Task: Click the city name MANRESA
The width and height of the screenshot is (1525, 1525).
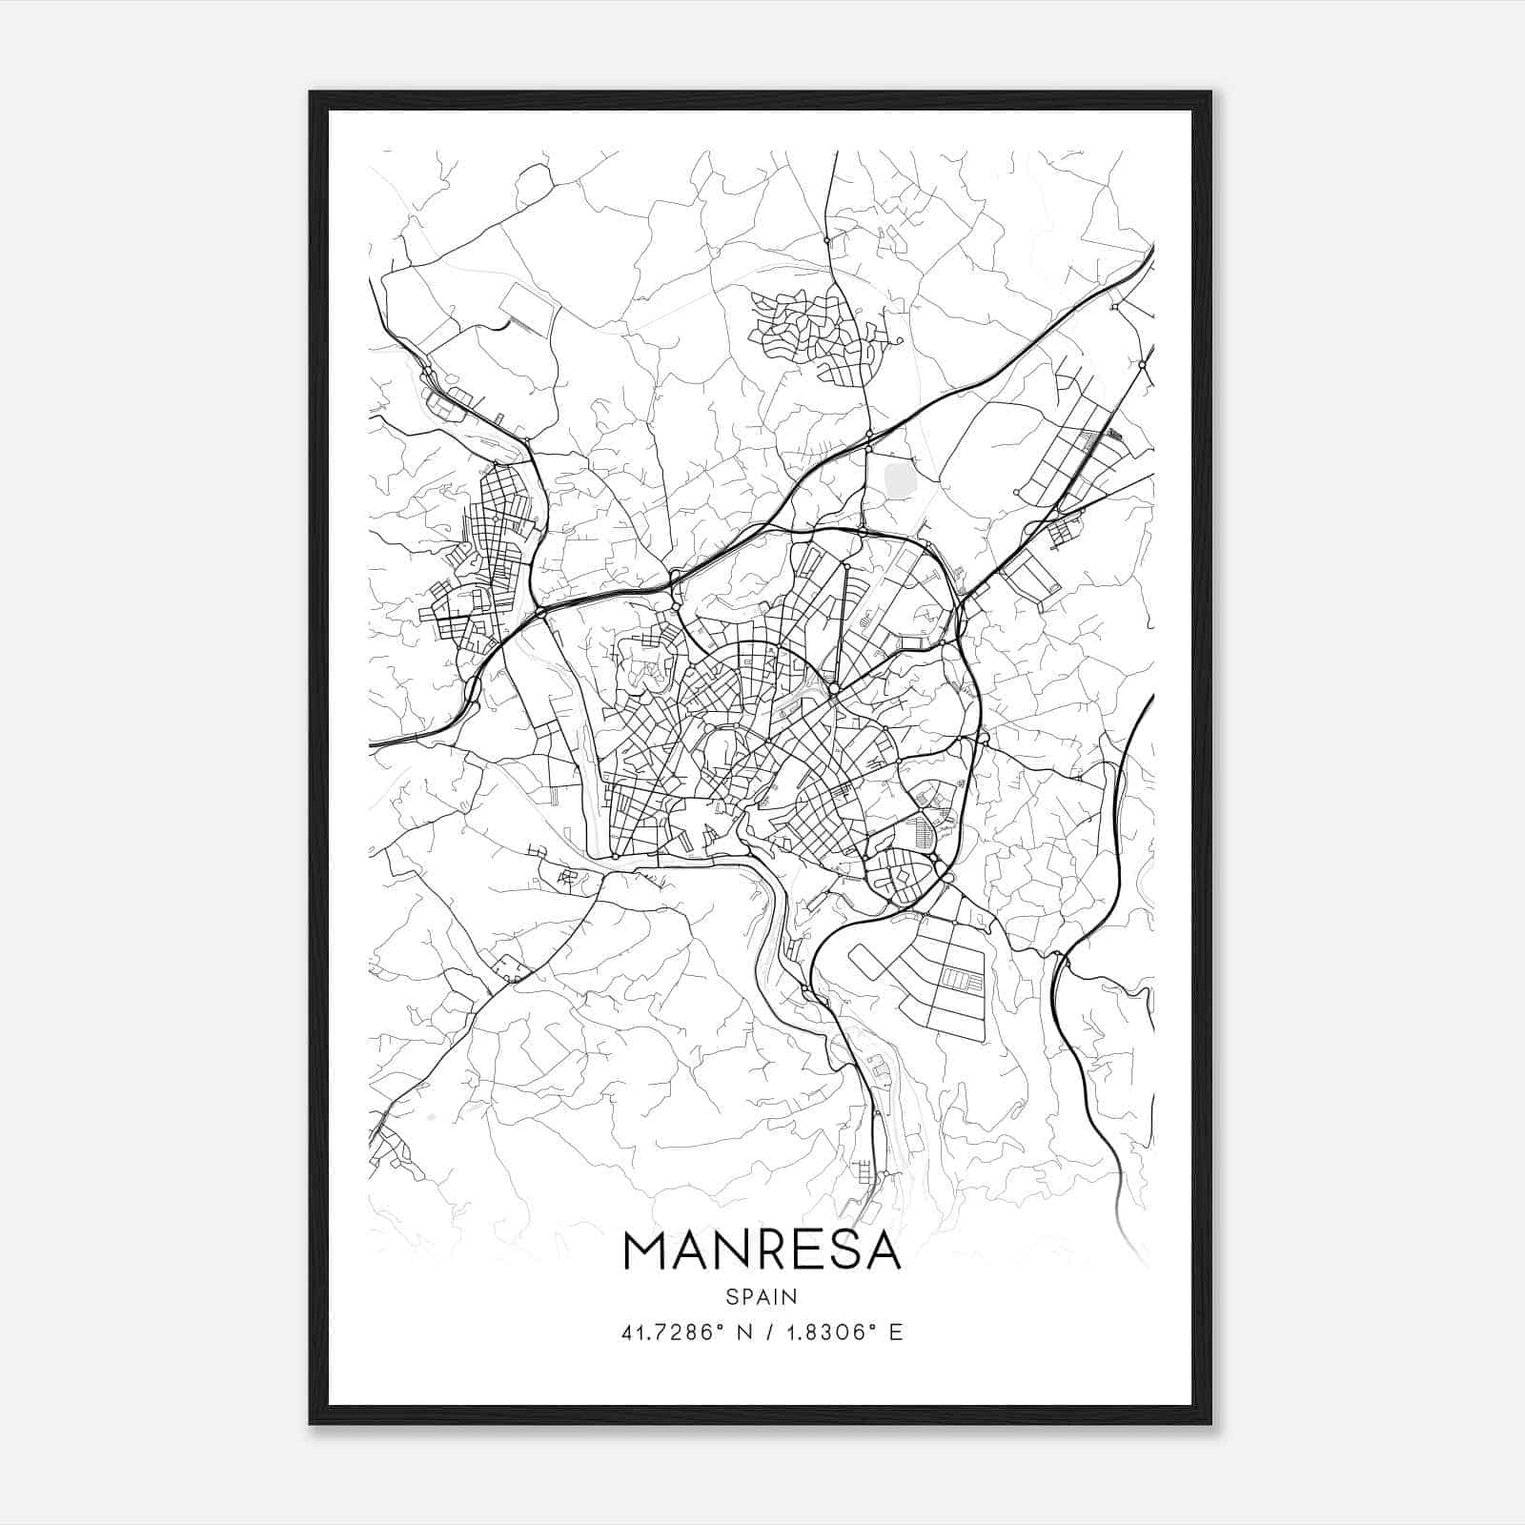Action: tap(762, 1250)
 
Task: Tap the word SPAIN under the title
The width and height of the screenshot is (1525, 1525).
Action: tap(762, 1296)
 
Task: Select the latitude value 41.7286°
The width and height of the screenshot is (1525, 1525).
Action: tap(673, 1332)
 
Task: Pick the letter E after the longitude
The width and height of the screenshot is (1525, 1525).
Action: tap(895, 1332)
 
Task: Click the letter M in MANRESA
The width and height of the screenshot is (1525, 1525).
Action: tap(646, 1250)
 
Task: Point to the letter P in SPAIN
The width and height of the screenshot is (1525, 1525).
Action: tap(746, 1296)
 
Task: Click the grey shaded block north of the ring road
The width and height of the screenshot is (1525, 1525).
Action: tap(900, 476)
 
